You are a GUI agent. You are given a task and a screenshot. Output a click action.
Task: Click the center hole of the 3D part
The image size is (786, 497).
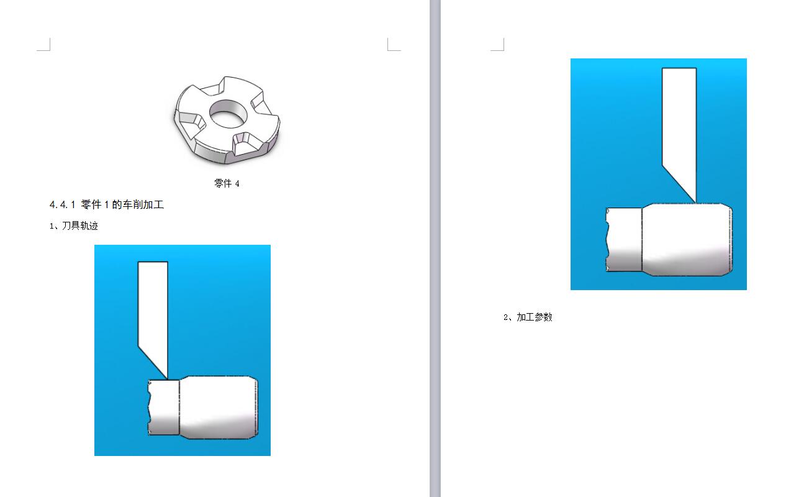[x=228, y=114]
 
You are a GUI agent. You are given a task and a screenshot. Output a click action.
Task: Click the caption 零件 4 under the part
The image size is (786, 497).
[x=227, y=183]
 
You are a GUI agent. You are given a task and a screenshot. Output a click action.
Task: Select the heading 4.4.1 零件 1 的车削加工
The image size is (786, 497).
[x=107, y=204]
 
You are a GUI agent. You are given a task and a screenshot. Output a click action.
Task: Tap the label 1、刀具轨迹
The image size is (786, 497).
[x=74, y=226]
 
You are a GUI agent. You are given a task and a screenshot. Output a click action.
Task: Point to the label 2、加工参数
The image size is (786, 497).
[x=528, y=317]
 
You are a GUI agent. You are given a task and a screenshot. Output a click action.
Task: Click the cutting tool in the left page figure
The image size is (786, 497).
[x=153, y=316]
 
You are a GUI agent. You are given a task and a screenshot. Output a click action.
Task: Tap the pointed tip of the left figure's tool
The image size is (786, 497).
[x=167, y=380]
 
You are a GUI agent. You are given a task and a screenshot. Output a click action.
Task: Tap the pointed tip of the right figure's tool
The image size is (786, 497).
[x=695, y=203]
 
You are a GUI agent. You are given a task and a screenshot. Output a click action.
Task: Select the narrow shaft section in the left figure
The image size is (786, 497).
[x=164, y=408]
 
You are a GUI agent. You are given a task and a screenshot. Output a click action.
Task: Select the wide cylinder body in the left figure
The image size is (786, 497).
[x=219, y=408]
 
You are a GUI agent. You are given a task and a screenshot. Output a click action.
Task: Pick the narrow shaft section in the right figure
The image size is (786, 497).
[x=624, y=240]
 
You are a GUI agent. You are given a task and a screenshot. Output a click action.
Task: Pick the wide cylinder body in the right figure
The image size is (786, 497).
[x=687, y=240]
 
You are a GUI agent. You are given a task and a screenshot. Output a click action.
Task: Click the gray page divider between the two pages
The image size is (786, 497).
[x=435, y=248]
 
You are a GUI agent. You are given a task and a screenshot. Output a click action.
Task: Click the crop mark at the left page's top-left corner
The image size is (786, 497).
[x=43, y=45]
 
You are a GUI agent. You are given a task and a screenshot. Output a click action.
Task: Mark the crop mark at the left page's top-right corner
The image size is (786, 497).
[x=394, y=45]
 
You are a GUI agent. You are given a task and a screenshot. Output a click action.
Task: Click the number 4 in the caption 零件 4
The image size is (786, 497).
[x=237, y=184]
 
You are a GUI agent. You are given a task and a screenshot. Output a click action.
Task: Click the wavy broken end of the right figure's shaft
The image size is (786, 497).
[x=607, y=240]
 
